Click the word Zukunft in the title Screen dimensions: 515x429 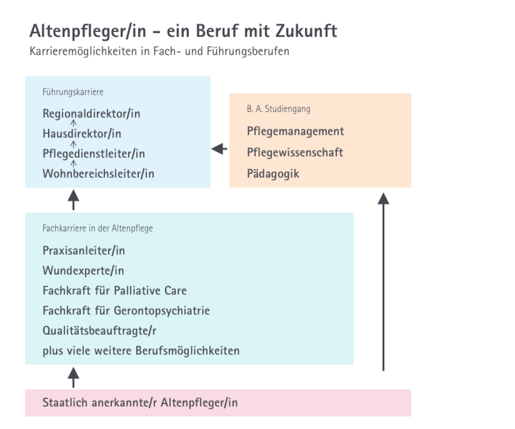(x=306, y=31)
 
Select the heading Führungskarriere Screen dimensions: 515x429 (x=73, y=92)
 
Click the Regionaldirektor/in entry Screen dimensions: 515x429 (x=91, y=114)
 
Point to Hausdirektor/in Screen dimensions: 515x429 (x=82, y=134)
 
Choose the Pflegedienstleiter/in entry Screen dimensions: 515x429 (x=94, y=154)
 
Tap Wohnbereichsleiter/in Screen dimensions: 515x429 (x=98, y=174)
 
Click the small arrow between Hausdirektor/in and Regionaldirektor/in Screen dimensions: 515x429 (x=73, y=123)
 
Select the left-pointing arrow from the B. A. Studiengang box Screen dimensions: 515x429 (x=219, y=149)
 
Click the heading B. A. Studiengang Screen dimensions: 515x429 (x=279, y=109)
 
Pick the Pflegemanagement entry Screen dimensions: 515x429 (x=295, y=131)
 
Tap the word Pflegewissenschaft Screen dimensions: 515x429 (x=295, y=152)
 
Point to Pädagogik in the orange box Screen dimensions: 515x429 (x=273, y=174)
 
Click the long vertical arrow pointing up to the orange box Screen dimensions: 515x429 (x=383, y=282)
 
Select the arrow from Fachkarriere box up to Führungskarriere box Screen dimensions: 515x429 (x=73, y=200)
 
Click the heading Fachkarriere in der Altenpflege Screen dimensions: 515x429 (x=98, y=228)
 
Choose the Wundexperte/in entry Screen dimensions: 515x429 (x=83, y=271)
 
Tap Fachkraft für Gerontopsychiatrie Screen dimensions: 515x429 (x=126, y=310)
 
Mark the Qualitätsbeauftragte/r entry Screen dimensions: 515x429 (x=99, y=331)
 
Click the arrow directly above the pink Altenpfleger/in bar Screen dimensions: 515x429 (x=73, y=378)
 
